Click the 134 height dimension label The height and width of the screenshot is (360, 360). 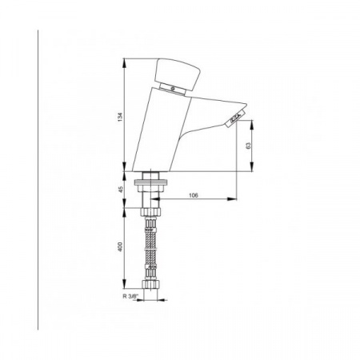tap(120, 117)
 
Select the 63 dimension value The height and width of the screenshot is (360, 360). tap(249, 146)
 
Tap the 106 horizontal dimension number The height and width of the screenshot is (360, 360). tap(194, 195)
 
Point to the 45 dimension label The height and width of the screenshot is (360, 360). tap(121, 190)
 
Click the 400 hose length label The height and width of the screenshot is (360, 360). tap(120, 246)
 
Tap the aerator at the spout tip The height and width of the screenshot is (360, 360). tap(235, 118)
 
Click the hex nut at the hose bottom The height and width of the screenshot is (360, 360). tap(150, 284)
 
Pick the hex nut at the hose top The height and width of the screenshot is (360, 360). tap(150, 212)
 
